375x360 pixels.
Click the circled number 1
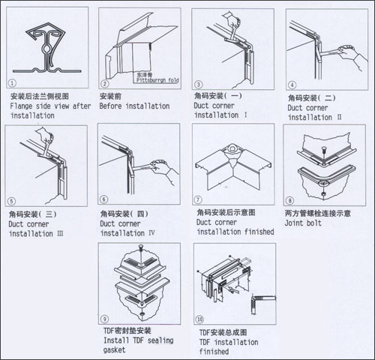pyautogui.click(x=12, y=83)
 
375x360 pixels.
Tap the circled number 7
pyautogui.click(x=198, y=199)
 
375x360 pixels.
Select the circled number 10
pyautogui.click(x=199, y=319)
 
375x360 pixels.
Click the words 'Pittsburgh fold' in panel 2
pyautogui.click(x=157, y=80)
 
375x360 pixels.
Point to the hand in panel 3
pyautogui.click(x=233, y=21)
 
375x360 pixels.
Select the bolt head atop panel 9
pyautogui.click(x=141, y=247)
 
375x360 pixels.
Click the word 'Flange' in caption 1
pyautogui.click(x=22, y=106)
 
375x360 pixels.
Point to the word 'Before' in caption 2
pyautogui.click(x=110, y=106)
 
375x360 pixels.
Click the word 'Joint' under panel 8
pyautogui.click(x=294, y=223)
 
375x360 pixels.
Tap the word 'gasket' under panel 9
pyautogui.click(x=115, y=350)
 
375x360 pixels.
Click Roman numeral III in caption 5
pyautogui.click(x=60, y=233)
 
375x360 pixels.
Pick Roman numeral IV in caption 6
pyautogui.click(x=151, y=233)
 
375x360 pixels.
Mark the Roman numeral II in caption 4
pyautogui.click(x=339, y=117)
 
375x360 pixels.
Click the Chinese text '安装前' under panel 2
pyautogui.click(x=110, y=96)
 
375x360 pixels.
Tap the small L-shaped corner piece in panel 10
pyautogui.click(x=262, y=304)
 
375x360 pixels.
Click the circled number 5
pyautogui.click(x=11, y=201)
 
